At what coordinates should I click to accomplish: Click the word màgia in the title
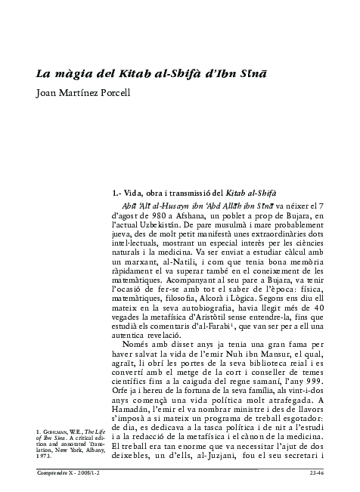73,75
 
